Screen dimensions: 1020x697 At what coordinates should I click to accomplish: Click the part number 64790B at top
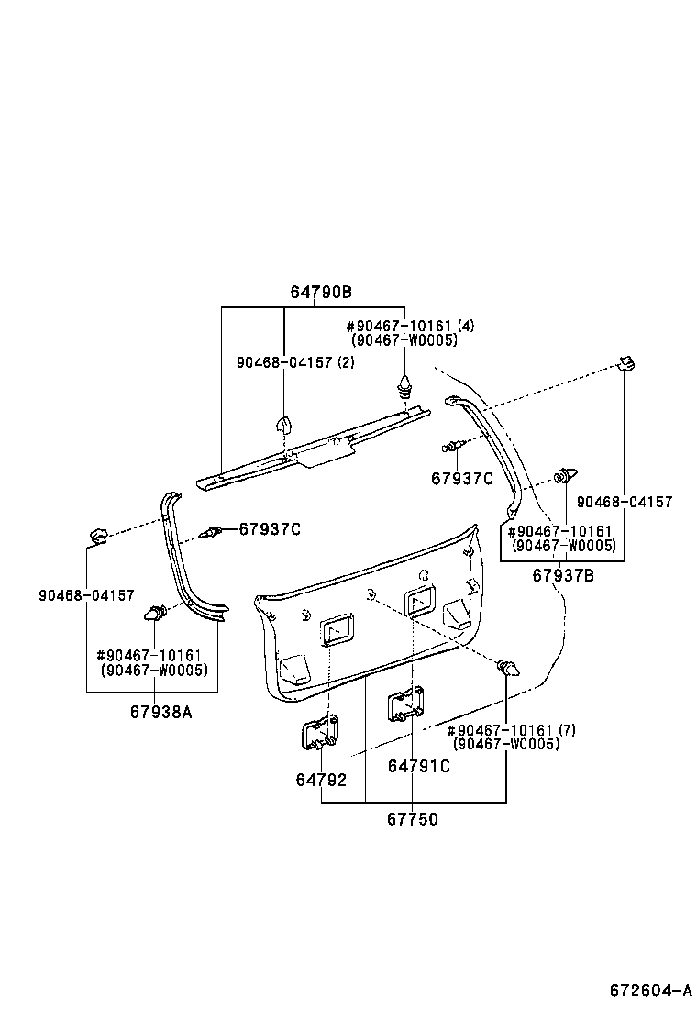tap(321, 293)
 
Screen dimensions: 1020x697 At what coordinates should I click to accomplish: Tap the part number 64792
tap(321, 780)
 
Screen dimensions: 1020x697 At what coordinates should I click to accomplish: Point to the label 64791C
tap(418, 766)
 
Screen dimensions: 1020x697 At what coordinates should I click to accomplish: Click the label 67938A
tap(160, 711)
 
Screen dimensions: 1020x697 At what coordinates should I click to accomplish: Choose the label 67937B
tap(564, 575)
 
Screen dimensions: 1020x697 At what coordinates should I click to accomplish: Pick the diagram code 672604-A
tap(650, 990)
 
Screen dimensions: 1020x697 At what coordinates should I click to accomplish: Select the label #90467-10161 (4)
tap(410, 327)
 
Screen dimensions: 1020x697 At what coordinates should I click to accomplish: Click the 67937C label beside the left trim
tap(270, 529)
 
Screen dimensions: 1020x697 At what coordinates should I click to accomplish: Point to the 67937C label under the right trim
tap(462, 478)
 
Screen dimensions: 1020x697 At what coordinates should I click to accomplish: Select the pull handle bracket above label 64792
tap(320, 734)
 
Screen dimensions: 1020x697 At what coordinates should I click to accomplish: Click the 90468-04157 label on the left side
tap(86, 595)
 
